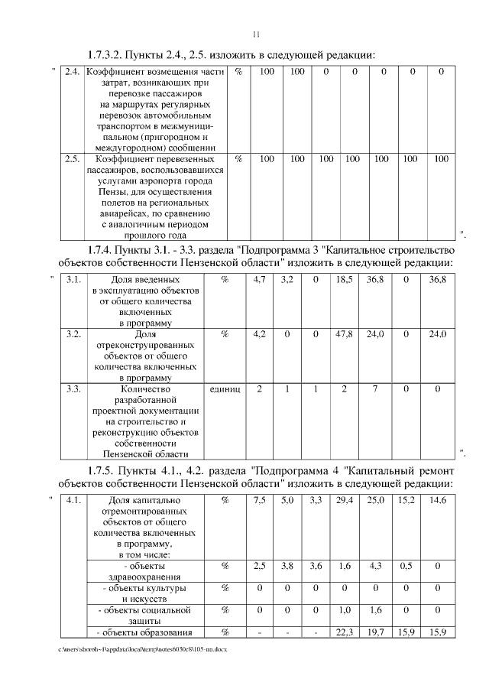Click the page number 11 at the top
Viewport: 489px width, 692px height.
point(257,34)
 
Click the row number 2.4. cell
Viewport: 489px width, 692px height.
point(72,72)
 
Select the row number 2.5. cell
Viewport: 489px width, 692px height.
point(72,159)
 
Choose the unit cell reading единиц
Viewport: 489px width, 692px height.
point(225,389)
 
